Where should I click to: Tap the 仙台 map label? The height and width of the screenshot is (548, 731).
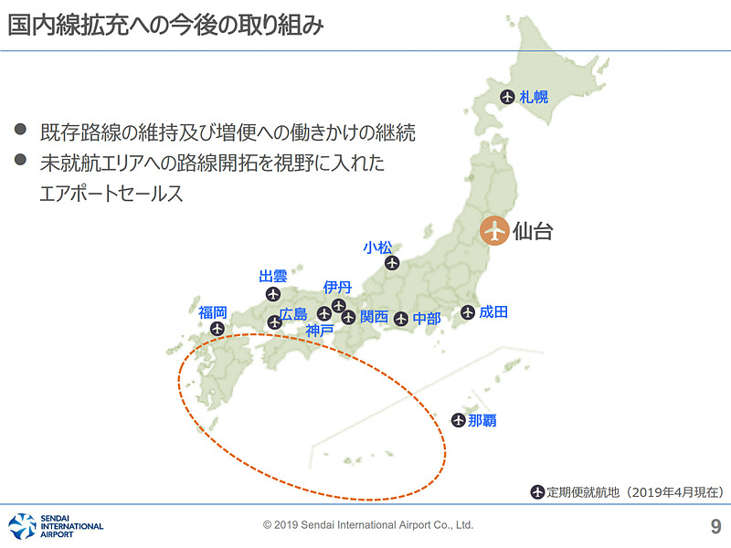coord(533,230)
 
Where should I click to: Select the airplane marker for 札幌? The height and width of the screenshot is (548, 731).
coord(508,97)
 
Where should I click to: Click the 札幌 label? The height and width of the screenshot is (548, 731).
coord(535,97)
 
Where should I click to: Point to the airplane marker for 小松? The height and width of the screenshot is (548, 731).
coord(392,263)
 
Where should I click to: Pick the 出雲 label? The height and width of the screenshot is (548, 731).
coord(273,276)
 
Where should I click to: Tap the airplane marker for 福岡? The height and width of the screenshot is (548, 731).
coord(217,329)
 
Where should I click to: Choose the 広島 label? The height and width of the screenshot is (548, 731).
coord(294,315)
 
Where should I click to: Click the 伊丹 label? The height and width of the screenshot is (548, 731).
coord(337,288)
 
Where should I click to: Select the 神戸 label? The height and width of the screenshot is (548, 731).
coord(321,331)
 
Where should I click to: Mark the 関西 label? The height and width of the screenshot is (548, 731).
coord(375,317)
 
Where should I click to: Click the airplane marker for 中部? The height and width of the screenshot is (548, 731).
coord(401,319)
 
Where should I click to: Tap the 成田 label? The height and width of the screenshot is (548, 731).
coord(493,312)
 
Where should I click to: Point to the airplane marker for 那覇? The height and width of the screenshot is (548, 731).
coord(459,421)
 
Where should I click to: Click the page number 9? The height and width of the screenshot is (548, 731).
coord(715,526)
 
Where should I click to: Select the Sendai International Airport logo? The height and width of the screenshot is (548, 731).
coord(56,526)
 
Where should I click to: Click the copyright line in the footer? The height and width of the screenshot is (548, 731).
coord(368,525)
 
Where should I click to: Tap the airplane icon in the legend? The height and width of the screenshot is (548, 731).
coord(537,492)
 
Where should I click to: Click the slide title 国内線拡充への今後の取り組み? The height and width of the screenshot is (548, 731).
coord(165,25)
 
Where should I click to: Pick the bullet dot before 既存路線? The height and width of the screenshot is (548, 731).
coord(21,130)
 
